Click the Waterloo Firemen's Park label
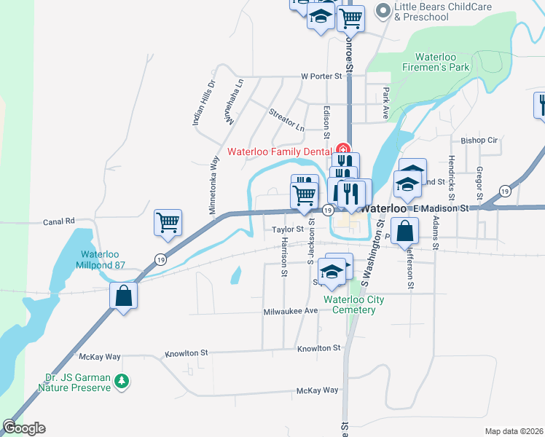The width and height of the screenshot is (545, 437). point(442,62)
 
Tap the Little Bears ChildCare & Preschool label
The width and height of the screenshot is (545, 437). point(442,12)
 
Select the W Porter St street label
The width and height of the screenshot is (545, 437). point(321,76)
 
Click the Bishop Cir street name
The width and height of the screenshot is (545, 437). point(479,140)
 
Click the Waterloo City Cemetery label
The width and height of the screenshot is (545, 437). point(350,304)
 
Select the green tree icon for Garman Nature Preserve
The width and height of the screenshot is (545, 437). point(124,380)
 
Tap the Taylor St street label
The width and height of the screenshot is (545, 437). point(288,229)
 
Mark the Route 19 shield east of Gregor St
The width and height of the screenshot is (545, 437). point(504,191)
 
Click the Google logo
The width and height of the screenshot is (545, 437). point(24,428)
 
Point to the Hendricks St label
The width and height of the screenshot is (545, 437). point(452,178)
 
